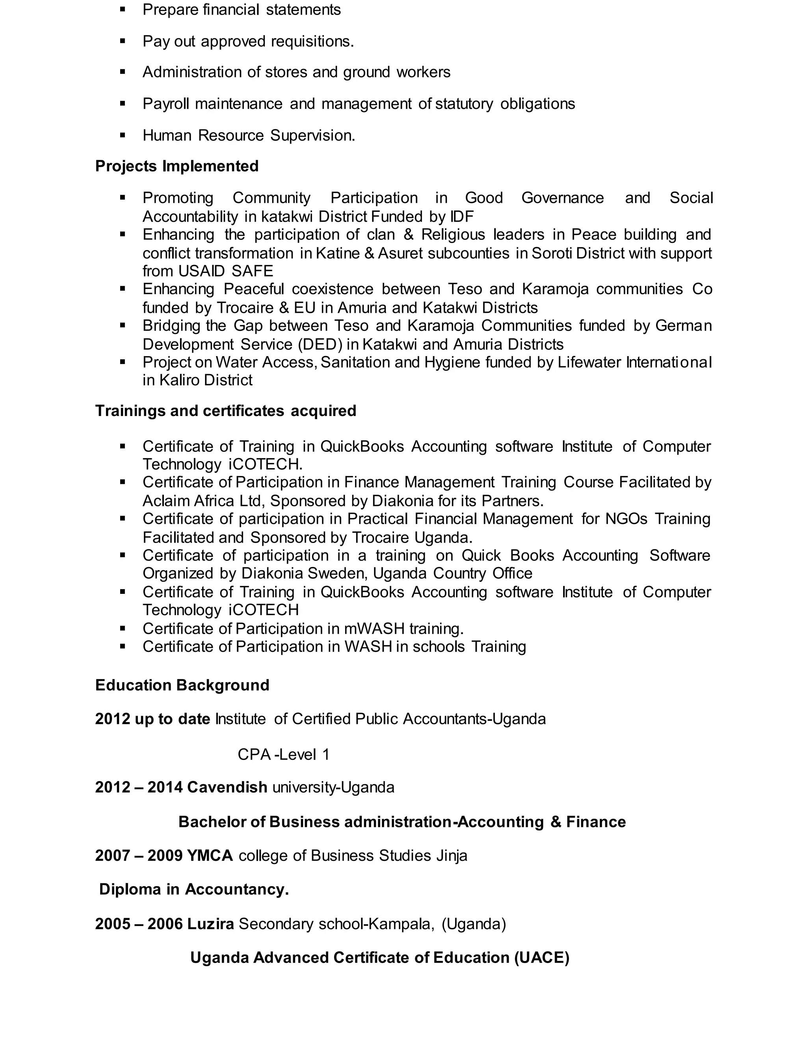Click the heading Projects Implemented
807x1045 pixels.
pyautogui.click(x=177, y=166)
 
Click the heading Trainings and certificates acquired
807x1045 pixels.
pyautogui.click(x=226, y=411)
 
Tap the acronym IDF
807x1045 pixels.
pyautogui.click(x=461, y=217)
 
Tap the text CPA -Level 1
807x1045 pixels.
pyautogui.click(x=283, y=754)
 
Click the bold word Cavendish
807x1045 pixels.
pyautogui.click(x=227, y=787)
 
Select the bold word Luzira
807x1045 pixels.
pyautogui.click(x=210, y=924)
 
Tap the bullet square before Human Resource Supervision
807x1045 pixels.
pyautogui.click(x=123, y=135)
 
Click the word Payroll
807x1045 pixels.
pyautogui.click(x=165, y=104)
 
